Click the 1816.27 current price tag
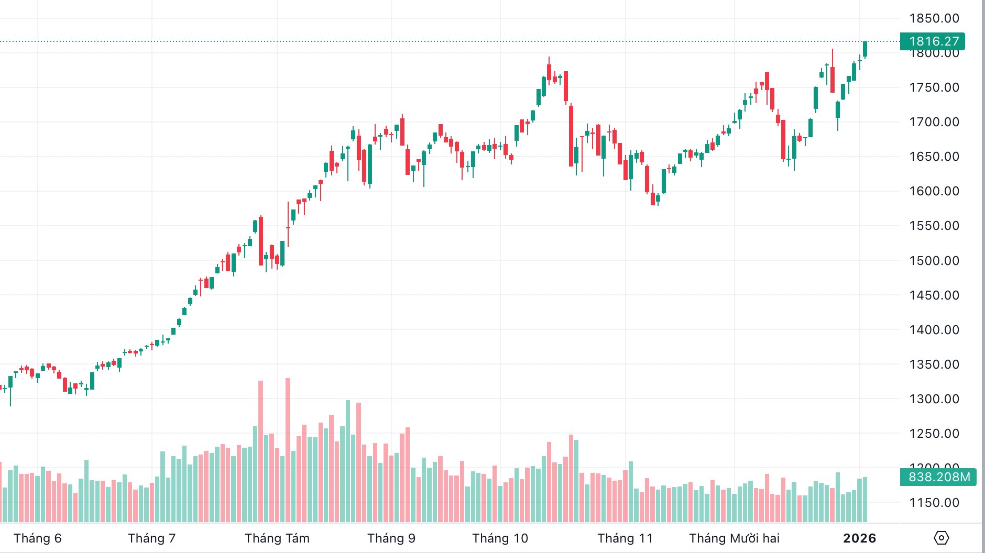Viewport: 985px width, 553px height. (933, 41)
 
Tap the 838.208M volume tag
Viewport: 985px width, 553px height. (938, 477)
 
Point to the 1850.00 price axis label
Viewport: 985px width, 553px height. (934, 18)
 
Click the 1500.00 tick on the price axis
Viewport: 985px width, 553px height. (934, 261)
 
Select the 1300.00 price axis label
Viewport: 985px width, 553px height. (934, 399)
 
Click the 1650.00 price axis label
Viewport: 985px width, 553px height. (934, 157)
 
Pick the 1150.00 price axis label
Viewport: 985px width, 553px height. (934, 503)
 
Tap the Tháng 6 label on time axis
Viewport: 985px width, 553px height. (38, 538)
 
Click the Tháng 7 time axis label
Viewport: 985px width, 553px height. (152, 538)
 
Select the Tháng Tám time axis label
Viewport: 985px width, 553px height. (277, 538)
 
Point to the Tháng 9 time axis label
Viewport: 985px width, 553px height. (391, 538)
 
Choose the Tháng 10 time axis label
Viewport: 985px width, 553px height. (500, 538)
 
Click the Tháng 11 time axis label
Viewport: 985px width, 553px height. (625, 538)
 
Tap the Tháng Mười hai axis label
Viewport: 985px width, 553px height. (734, 538)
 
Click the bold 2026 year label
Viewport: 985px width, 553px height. (859, 538)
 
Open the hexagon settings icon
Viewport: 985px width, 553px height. (942, 538)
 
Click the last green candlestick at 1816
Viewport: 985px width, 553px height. (865, 49)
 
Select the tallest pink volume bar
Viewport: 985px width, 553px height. (288, 450)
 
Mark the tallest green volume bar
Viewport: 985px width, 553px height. (348, 461)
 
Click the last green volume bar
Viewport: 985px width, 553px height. (865, 500)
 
